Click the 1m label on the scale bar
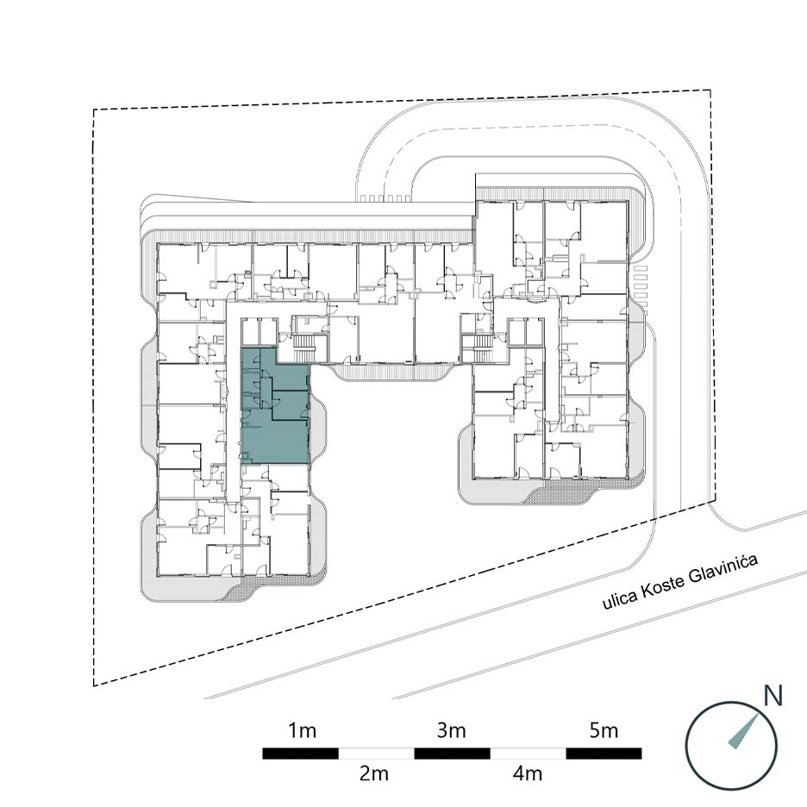(302, 730)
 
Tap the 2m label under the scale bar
(374, 773)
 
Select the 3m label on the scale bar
(452, 730)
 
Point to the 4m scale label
(527, 773)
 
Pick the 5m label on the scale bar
(604, 730)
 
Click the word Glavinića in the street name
(723, 571)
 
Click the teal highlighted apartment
(276, 407)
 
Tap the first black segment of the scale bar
(301, 754)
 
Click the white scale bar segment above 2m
(376, 754)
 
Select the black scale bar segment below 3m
(452, 754)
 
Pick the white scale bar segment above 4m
(528, 754)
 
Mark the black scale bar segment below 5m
(604, 754)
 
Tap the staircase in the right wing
(482, 346)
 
